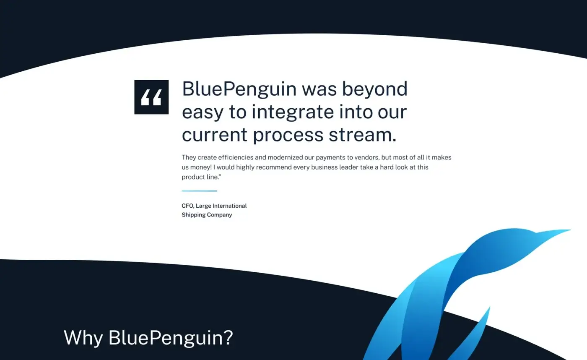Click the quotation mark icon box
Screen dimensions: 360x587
[x=151, y=97]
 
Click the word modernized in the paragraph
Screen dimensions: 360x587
[x=290, y=158]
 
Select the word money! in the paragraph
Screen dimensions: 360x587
[x=201, y=167]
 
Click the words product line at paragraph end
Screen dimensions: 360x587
[x=200, y=177]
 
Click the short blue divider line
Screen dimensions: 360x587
[x=199, y=191]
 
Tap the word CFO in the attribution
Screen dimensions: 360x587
[x=187, y=206]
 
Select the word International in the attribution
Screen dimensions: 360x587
[x=229, y=206]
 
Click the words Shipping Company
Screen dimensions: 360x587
[x=207, y=215]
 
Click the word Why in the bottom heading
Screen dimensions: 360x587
[x=83, y=338]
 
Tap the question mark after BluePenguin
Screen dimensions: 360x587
[x=228, y=338]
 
